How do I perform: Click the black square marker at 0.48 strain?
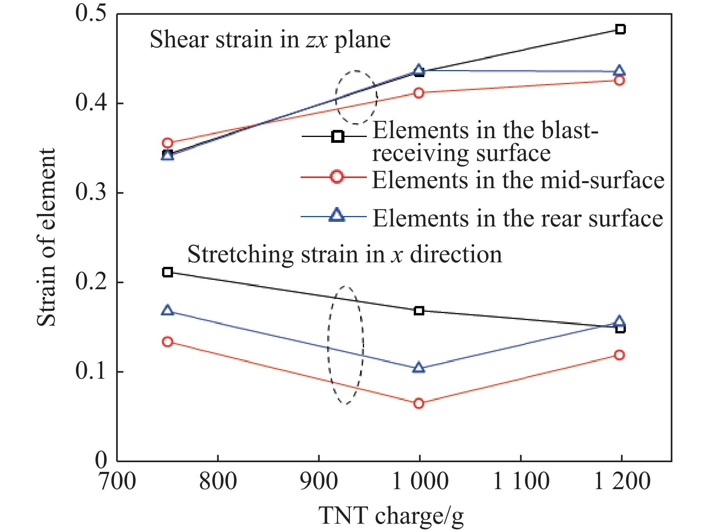tap(620, 29)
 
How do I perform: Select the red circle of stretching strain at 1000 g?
tap(419, 403)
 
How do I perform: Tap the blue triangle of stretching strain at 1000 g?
tap(419, 368)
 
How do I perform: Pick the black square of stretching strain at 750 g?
tap(168, 272)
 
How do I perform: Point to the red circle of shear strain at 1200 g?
tap(619, 81)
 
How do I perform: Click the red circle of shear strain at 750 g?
tap(168, 143)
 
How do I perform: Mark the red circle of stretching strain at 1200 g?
tap(619, 355)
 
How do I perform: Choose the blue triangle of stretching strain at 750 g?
tap(168, 310)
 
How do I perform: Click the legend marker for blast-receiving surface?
tap(337, 137)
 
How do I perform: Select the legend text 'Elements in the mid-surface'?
tap(518, 180)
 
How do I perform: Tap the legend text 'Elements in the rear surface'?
tap(517, 218)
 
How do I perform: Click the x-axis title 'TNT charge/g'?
tap(391, 515)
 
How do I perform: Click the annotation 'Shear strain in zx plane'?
tap(270, 40)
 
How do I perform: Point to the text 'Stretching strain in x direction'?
tap(344, 254)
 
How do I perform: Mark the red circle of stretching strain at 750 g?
tap(168, 342)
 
